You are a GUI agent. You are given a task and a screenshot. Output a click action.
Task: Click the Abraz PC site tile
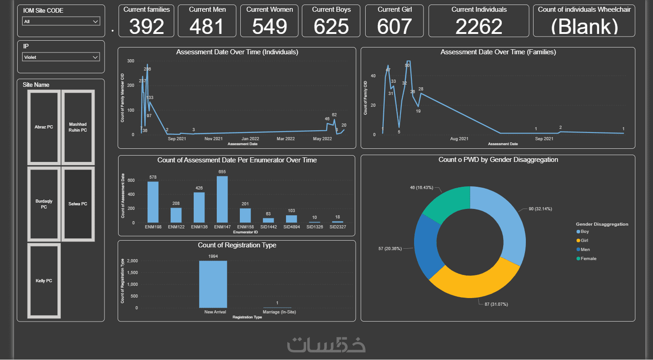click(44, 127)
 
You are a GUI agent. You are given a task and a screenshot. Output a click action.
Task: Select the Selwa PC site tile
click(78, 204)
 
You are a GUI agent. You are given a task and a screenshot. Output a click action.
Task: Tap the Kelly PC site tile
click(44, 281)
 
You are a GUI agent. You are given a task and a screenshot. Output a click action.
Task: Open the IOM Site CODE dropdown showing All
click(61, 21)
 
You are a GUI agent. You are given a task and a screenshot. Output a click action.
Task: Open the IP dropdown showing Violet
click(61, 57)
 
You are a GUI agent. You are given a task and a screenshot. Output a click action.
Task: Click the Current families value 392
click(147, 27)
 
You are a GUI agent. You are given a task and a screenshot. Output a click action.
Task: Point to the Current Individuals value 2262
click(479, 27)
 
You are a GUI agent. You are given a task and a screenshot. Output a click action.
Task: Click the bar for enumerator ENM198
click(153, 202)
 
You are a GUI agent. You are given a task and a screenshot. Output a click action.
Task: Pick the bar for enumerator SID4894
click(291, 219)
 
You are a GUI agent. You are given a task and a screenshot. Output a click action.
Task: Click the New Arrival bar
click(213, 284)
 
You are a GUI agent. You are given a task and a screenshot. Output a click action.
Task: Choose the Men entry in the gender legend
click(585, 250)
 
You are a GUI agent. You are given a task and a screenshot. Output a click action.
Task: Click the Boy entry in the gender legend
click(585, 232)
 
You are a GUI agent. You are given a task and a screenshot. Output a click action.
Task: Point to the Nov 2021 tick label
click(213, 139)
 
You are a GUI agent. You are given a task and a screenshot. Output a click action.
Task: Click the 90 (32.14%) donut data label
click(540, 209)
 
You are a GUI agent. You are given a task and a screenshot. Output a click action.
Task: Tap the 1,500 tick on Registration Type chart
click(132, 273)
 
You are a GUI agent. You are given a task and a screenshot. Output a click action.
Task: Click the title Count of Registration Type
click(237, 245)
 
